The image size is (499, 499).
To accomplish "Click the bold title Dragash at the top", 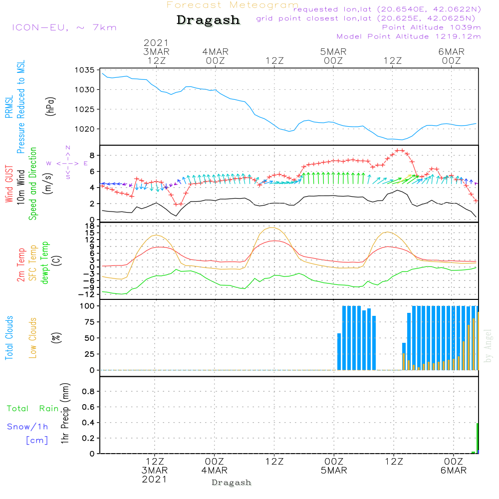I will point(208,20).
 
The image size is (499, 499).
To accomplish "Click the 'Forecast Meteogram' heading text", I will point(232,5).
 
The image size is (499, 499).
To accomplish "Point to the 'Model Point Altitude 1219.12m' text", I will point(409,36).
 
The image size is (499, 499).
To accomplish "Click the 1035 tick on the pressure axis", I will point(85,70).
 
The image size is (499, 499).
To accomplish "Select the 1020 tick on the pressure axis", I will point(85,129).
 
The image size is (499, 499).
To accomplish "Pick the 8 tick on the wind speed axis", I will point(92,155).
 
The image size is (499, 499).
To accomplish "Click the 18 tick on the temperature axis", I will point(89,226).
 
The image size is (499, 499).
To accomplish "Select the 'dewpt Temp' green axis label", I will point(45,263).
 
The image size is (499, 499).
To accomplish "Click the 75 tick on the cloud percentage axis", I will point(89,322).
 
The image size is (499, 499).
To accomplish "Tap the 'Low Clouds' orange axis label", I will point(33,338).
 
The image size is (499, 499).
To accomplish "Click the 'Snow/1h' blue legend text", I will point(27,427).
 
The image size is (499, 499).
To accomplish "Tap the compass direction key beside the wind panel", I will point(67,163).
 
